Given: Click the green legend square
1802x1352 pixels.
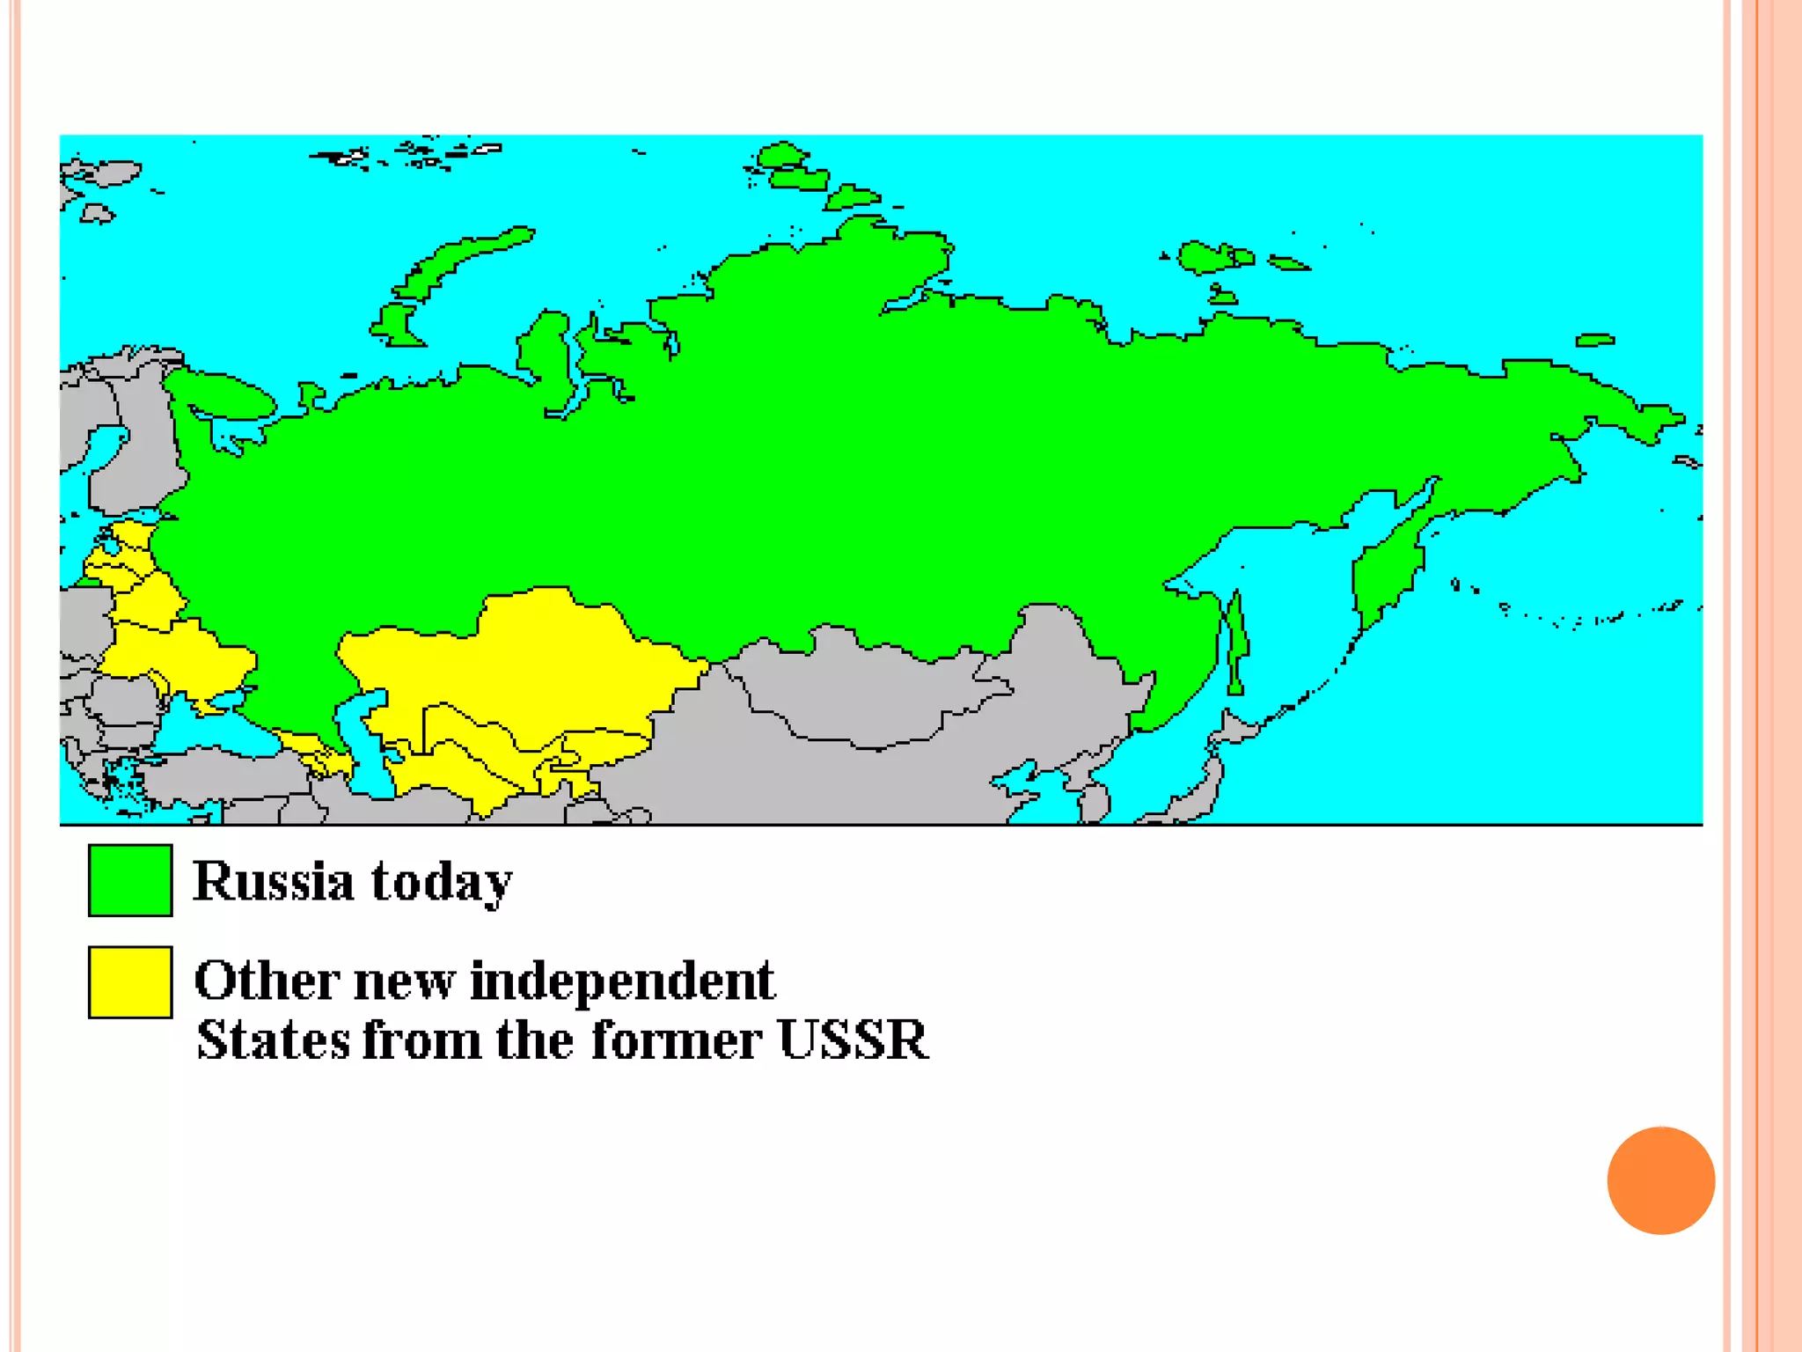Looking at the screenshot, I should pos(130,880).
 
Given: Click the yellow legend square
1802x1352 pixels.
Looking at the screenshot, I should pos(130,982).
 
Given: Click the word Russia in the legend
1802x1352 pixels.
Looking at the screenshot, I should pos(273,881).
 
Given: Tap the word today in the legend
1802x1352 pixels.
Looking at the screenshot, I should pos(441,881).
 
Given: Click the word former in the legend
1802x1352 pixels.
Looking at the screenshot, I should pos(675,1040).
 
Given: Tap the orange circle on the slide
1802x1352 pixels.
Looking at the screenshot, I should pos(1660,1180).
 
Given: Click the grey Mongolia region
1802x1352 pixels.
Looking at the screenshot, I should pos(862,695).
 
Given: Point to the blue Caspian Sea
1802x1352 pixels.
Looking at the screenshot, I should pos(365,748).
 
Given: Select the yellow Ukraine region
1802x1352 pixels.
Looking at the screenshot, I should pos(189,651).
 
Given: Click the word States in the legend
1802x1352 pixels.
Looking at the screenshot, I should pos(272,1040).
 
